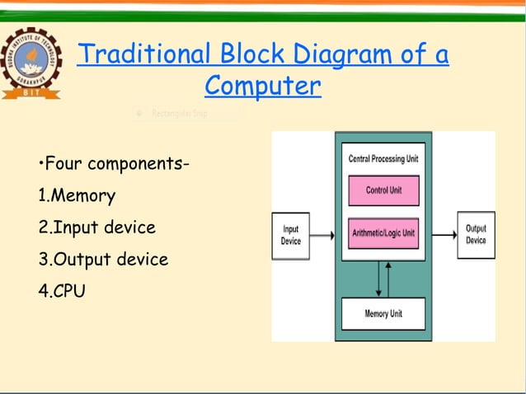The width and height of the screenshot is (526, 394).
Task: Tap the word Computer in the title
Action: (262, 85)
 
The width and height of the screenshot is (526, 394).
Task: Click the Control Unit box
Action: (383, 190)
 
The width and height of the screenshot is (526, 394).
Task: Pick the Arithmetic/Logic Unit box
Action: (383, 233)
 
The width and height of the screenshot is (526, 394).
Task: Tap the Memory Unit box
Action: (383, 314)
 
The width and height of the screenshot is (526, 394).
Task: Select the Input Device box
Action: (291, 236)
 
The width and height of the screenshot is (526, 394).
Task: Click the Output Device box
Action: (476, 235)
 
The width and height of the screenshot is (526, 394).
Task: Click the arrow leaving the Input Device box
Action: (323, 236)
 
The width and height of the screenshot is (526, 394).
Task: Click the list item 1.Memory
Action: (77, 196)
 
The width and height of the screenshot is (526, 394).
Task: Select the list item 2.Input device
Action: (96, 227)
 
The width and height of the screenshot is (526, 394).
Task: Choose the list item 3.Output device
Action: (103, 259)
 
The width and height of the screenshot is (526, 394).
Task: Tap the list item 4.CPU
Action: (62, 290)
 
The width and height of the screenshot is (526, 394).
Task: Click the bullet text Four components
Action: (115, 165)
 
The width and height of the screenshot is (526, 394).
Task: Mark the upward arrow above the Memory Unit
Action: (378, 280)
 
